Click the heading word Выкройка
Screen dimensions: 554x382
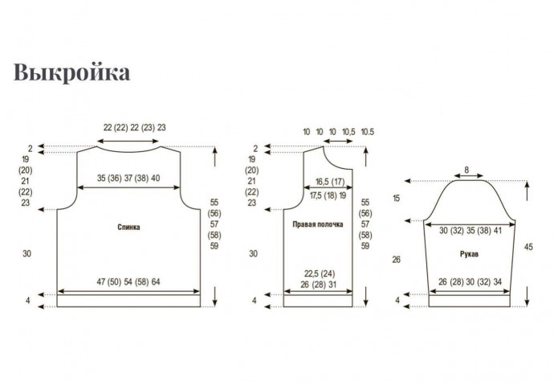[71, 72]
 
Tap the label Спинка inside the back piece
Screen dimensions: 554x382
[128, 227]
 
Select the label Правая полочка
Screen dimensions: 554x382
[318, 224]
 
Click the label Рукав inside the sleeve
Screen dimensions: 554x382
[469, 254]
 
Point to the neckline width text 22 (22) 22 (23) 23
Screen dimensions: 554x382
[135, 127]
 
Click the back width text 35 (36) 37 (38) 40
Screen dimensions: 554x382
[128, 178]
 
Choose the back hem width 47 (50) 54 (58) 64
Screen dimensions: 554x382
[128, 281]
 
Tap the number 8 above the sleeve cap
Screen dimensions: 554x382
[466, 170]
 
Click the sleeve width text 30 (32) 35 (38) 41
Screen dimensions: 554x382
[470, 231]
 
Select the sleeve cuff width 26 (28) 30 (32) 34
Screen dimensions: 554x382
[470, 281]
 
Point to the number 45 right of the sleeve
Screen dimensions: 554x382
[528, 247]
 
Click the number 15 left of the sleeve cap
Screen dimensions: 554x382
[397, 199]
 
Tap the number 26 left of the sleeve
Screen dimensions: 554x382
[397, 260]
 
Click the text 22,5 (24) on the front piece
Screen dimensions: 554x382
[320, 273]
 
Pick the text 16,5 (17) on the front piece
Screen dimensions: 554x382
[330, 182]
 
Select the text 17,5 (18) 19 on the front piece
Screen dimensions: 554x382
[328, 195]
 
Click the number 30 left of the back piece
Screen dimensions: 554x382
[26, 253]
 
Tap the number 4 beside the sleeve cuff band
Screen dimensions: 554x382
[397, 300]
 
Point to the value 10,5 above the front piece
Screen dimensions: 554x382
[348, 132]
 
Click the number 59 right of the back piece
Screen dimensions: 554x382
[214, 246]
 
